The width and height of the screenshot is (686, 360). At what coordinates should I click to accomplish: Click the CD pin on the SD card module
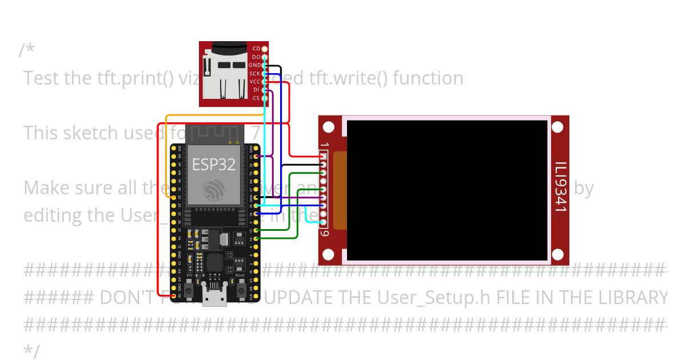(265, 49)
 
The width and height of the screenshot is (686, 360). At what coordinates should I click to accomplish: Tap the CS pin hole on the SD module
(265, 98)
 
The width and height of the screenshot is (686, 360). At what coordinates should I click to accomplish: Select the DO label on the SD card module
(256, 57)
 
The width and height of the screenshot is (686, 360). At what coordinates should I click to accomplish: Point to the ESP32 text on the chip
(213, 165)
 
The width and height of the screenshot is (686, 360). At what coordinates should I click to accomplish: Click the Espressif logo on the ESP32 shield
(213, 188)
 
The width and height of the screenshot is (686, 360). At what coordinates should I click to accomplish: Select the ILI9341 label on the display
(560, 188)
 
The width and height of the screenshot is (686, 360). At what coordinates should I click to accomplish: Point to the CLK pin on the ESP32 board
(256, 296)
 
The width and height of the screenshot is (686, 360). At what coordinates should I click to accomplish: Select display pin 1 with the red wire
(323, 156)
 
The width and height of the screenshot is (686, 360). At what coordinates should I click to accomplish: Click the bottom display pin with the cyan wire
(323, 222)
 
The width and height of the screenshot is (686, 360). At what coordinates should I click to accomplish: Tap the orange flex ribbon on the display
(340, 190)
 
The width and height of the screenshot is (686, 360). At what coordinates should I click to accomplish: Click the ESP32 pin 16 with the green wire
(256, 238)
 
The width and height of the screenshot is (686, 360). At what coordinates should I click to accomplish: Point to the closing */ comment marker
(32, 351)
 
